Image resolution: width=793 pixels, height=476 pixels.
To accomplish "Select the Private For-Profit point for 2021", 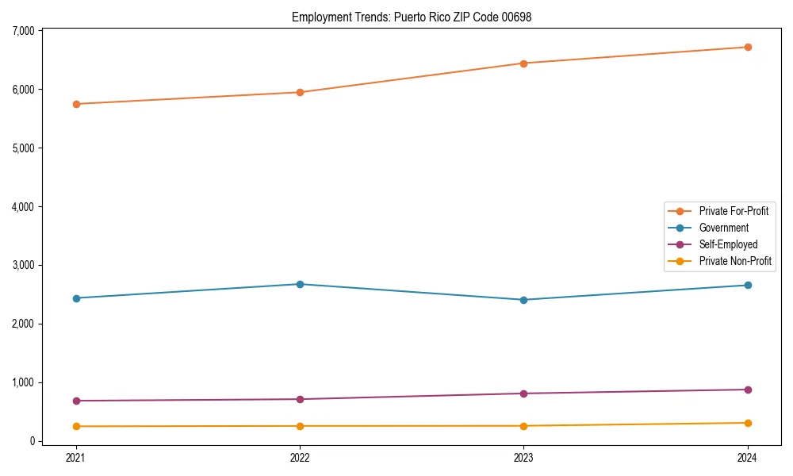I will tap(76, 104).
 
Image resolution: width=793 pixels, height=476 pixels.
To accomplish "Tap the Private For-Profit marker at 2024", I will tap(748, 47).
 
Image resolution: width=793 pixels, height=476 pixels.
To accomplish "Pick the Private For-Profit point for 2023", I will tap(524, 63).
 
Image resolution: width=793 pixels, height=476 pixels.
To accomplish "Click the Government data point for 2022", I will tap(300, 284).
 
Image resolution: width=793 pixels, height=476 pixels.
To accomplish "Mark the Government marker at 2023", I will tap(524, 300).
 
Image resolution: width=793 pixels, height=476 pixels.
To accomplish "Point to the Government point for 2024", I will tap(748, 285).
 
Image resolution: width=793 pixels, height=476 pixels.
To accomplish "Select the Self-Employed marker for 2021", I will tap(76, 401).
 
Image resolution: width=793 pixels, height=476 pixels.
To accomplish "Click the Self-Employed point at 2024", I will tap(748, 390).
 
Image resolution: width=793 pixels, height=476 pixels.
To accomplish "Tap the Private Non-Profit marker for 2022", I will tap(300, 426).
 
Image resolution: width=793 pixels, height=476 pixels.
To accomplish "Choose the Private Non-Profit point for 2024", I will tap(748, 423).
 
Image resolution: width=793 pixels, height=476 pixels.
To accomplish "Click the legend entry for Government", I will tap(723, 228).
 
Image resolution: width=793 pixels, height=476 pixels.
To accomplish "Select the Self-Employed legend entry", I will tap(728, 244).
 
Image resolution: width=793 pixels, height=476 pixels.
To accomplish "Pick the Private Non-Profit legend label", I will tap(735, 261).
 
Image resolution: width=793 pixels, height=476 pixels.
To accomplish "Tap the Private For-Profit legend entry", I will tap(734, 211).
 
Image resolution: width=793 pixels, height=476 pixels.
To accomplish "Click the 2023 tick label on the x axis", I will tap(524, 457).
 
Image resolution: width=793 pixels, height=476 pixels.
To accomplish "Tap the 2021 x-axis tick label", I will tap(76, 457).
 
